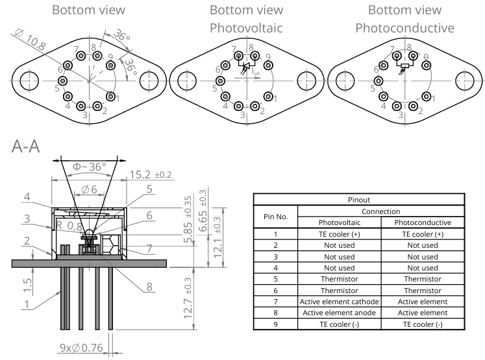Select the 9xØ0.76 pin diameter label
click(x=83, y=349)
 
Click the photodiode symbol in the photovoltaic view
click(x=245, y=66)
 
